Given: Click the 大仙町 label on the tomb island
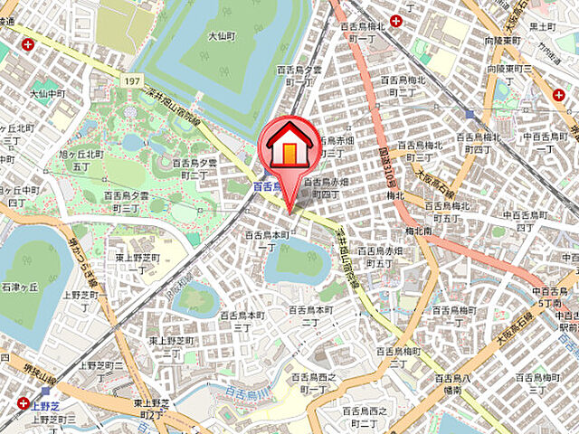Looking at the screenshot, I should [222, 37].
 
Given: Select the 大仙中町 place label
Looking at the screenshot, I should [46, 93].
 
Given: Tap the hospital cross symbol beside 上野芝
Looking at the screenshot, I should [23, 403].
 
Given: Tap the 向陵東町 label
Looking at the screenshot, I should [503, 42].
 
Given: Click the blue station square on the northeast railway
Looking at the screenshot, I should [469, 114].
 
